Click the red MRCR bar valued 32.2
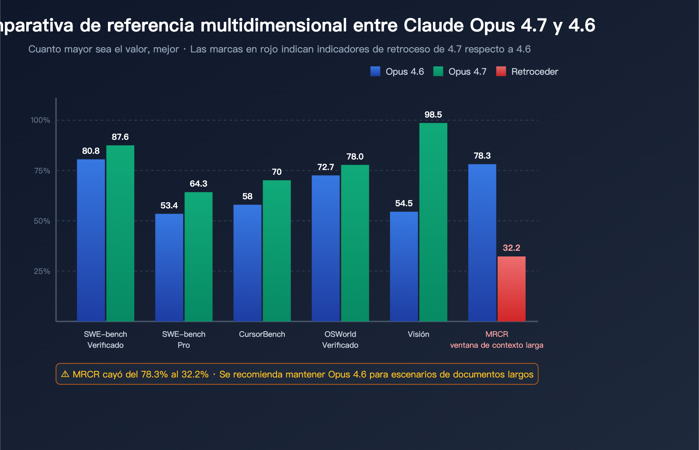pyautogui.click(x=511, y=289)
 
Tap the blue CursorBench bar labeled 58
pyautogui.click(x=247, y=263)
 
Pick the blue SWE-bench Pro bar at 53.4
pyautogui.click(x=169, y=267)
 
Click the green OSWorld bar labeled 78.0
pyautogui.click(x=355, y=243)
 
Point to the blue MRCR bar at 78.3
pyautogui.click(x=482, y=242)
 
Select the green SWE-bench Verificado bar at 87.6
pyautogui.click(x=120, y=233)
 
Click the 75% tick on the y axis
pyautogui.click(x=42, y=171)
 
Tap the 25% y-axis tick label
pyautogui.click(x=42, y=271)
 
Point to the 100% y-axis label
pyautogui.click(x=40, y=120)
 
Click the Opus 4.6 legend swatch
pyautogui.click(x=375, y=72)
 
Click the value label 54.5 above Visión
pyautogui.click(x=404, y=204)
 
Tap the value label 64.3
pyautogui.click(x=198, y=184)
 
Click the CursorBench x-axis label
pyautogui.click(x=262, y=334)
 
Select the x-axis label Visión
pyautogui.click(x=418, y=334)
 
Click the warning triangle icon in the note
pyautogui.click(x=65, y=374)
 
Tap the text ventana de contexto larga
pyautogui.click(x=496, y=345)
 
